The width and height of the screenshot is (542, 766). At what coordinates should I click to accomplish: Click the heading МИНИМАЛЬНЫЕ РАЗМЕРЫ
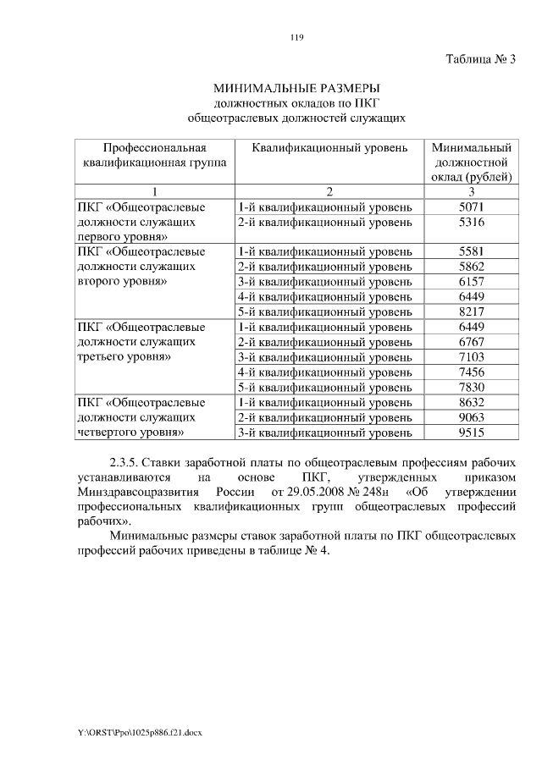coord(296,87)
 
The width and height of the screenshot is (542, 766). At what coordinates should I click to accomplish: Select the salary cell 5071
coord(470,207)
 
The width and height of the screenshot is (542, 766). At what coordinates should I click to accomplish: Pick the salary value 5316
coord(470,222)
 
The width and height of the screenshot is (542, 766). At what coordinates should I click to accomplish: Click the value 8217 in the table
coord(470,311)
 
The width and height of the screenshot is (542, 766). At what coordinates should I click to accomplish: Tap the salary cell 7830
coord(470,387)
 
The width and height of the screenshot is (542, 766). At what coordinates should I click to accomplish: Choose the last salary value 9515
coord(470,433)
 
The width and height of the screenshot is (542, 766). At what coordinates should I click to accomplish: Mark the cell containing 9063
coord(470,417)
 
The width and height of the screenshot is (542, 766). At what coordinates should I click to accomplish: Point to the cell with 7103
coord(470,357)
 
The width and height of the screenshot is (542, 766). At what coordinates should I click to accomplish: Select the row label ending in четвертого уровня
coord(130,433)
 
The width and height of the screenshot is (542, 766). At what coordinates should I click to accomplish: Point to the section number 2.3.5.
coord(124,463)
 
